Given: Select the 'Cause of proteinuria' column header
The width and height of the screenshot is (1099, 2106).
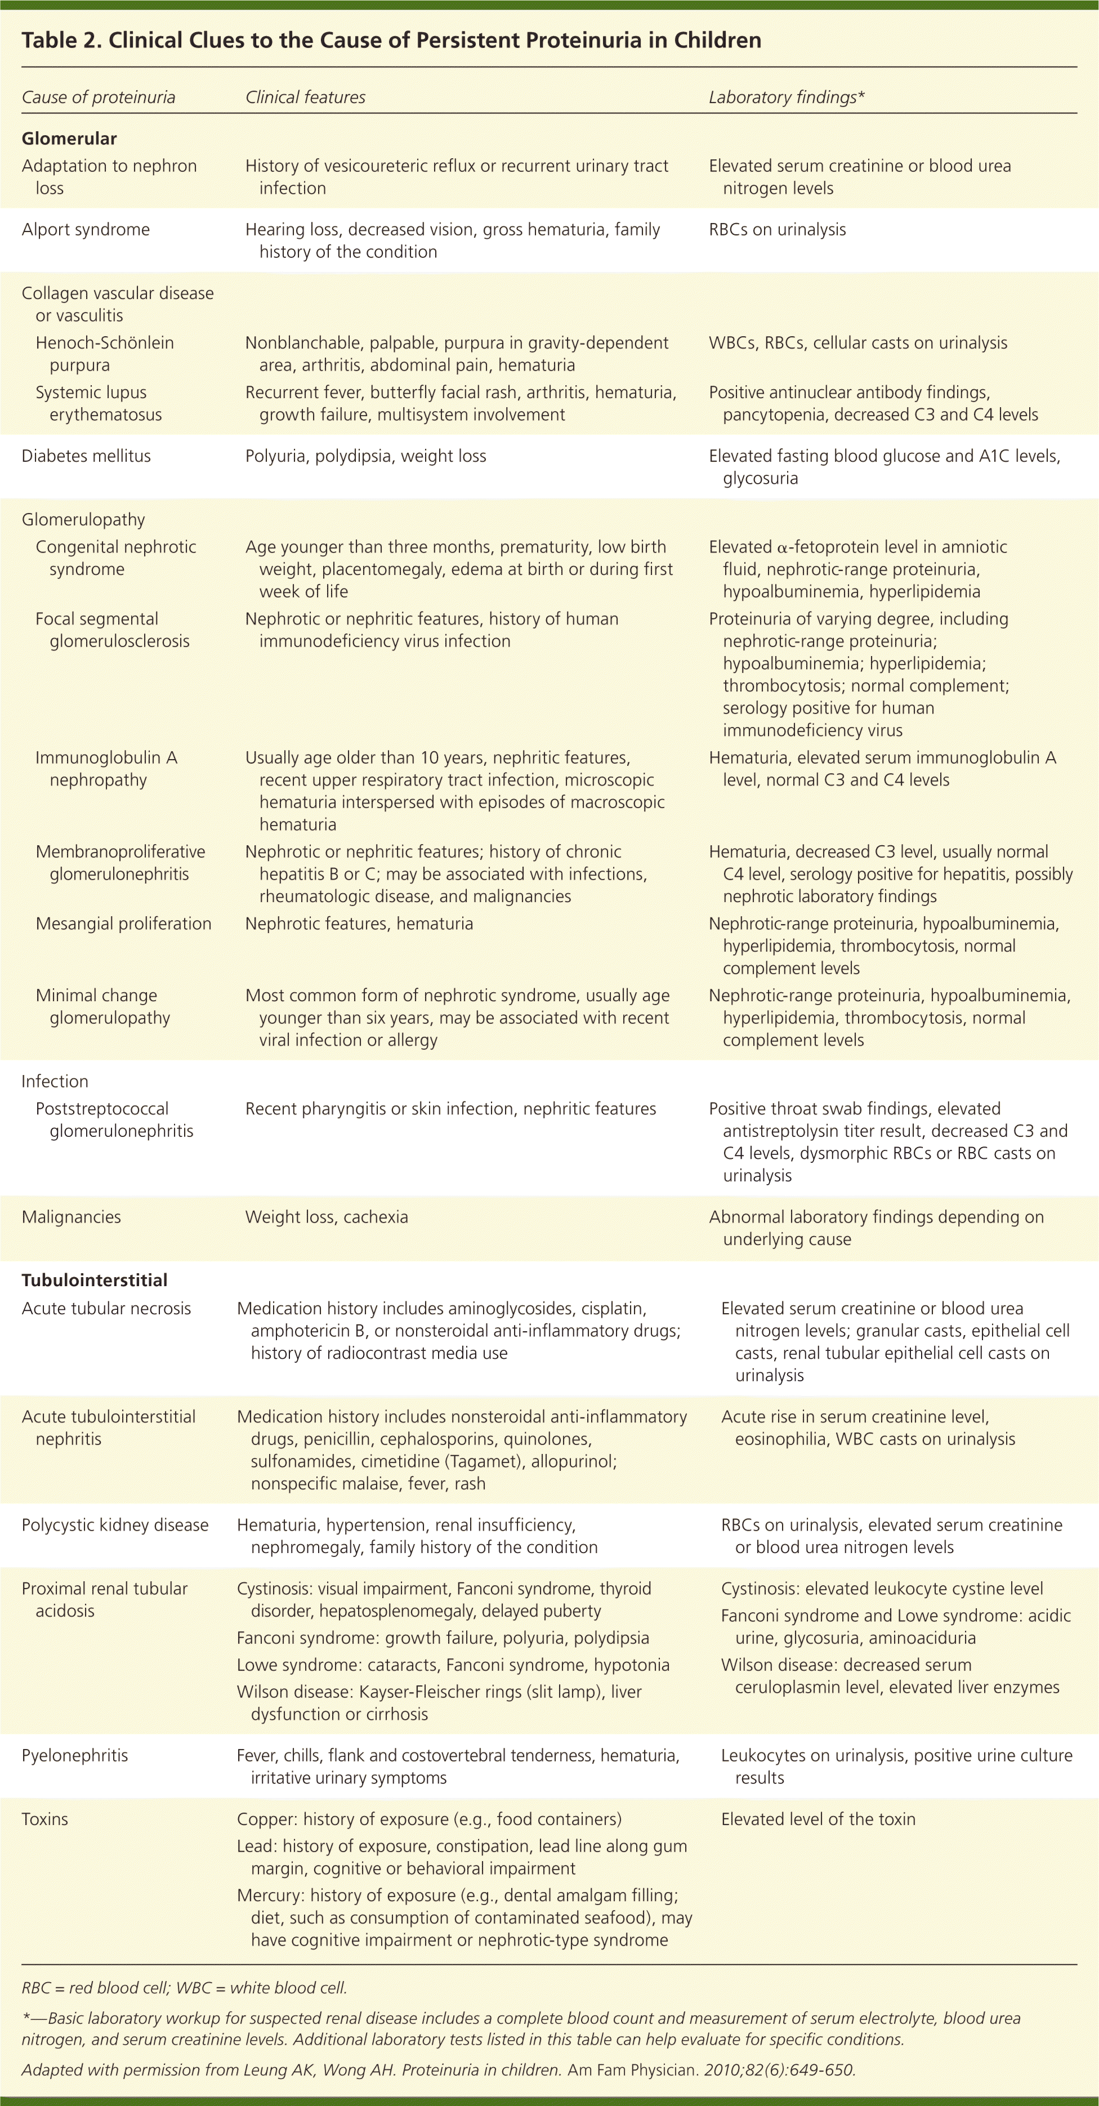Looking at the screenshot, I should pos(98,97).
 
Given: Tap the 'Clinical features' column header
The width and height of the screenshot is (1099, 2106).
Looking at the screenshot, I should pos(305,97).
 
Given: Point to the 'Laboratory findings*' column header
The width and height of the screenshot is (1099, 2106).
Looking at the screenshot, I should pos(786,97).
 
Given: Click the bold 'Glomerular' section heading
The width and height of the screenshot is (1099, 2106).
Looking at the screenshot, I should pos(69,138).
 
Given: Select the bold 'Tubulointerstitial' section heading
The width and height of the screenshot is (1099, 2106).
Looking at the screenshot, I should pos(94,1280).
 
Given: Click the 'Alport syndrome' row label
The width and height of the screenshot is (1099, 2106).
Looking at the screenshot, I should pos(86,230).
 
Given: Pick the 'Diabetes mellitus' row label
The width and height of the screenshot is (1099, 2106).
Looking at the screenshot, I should pos(86,456).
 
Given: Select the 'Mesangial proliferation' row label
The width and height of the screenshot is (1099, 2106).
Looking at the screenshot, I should pos(123,924).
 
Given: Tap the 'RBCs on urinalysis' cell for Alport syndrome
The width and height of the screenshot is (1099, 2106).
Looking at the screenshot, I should pos(777,230).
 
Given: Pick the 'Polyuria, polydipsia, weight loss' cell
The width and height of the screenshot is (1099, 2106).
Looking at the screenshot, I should pos(365,456).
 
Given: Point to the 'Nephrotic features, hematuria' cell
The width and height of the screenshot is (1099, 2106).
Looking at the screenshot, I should pos(359,924).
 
